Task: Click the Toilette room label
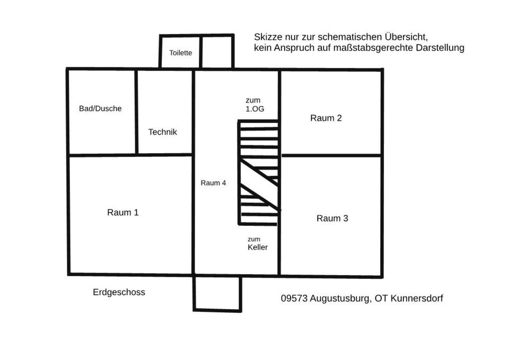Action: click(180, 53)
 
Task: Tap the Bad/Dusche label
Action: click(100, 109)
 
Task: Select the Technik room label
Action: click(163, 132)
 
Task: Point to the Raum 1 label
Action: click(123, 213)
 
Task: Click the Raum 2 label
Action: click(326, 118)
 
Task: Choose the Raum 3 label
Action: click(332, 218)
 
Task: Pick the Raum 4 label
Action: click(213, 183)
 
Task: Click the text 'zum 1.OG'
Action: click(253, 104)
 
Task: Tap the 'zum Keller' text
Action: click(257, 243)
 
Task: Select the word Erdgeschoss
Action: click(119, 292)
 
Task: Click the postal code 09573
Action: click(293, 298)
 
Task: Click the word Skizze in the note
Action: click(268, 37)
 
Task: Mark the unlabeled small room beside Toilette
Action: click(217, 52)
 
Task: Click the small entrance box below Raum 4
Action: click(217, 293)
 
